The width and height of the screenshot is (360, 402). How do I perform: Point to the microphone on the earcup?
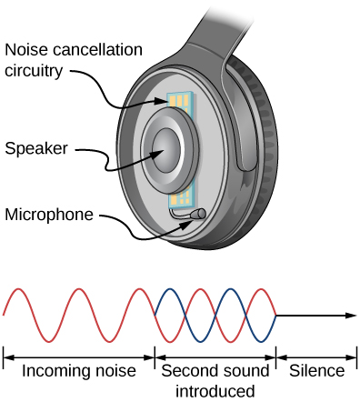[196, 215]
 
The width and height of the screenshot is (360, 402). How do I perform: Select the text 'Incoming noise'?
[78, 371]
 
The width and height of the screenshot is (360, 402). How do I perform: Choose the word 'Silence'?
[316, 371]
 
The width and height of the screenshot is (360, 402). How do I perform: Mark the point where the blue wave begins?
[156, 316]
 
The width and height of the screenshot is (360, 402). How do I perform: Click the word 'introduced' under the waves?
[215, 391]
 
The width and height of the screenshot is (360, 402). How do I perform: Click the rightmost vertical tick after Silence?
[357, 357]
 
